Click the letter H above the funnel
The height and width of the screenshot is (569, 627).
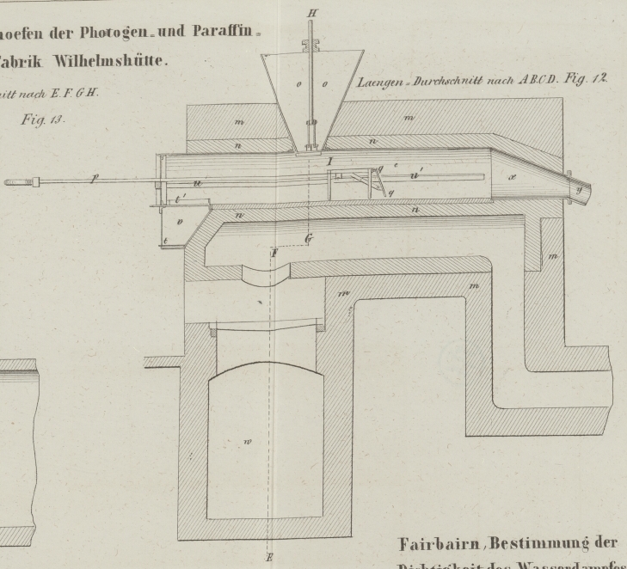pos(312,12)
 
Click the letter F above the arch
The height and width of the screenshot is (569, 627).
pos(274,254)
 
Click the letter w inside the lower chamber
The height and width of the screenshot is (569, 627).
pos(248,443)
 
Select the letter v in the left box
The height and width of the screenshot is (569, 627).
pos(179,222)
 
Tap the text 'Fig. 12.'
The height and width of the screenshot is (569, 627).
pos(587,80)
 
